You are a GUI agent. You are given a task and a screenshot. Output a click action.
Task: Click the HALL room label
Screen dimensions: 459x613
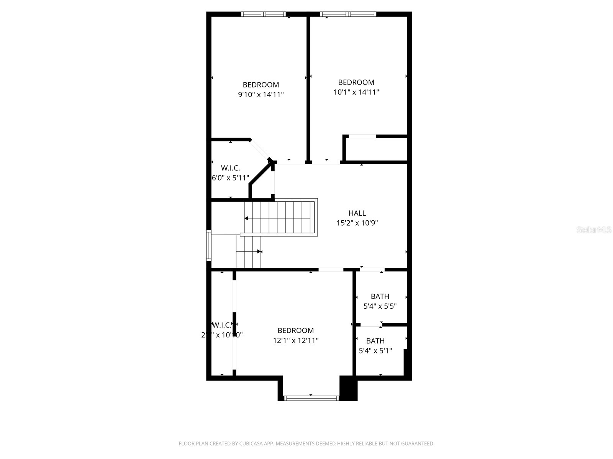[357, 213]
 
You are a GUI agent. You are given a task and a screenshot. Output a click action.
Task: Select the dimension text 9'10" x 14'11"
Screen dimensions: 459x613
[261, 94]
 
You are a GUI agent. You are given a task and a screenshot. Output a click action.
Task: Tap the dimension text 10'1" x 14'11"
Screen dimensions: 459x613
[356, 92]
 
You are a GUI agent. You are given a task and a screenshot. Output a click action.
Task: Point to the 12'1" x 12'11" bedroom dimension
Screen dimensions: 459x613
[295, 340]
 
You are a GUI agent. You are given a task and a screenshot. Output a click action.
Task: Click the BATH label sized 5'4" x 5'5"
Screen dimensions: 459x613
[380, 296]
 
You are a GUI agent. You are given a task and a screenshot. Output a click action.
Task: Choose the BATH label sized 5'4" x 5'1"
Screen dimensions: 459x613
[375, 341]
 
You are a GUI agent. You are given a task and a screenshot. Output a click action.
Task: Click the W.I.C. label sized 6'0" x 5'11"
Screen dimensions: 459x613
[230, 168]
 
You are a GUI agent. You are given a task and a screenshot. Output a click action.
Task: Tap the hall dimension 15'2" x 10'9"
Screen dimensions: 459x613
[357, 223]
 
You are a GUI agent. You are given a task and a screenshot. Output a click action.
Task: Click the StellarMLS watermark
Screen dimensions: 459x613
[594, 229]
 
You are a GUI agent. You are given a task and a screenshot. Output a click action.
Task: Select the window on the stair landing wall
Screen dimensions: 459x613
[209, 245]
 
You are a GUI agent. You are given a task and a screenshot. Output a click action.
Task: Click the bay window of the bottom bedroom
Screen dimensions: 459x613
[311, 398]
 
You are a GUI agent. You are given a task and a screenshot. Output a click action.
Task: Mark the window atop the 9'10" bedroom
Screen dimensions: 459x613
[264, 14]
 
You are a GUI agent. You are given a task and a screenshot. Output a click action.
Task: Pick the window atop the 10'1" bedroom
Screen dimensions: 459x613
[348, 14]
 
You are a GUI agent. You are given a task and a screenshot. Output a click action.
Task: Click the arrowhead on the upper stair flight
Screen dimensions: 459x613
[246, 218]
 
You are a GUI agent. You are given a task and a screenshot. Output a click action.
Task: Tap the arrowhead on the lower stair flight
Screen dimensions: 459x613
[259, 252]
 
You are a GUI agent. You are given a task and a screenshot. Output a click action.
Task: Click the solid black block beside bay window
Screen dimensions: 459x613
[348, 388]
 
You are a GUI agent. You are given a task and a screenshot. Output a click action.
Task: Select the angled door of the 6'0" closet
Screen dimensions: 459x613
[260, 150]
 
